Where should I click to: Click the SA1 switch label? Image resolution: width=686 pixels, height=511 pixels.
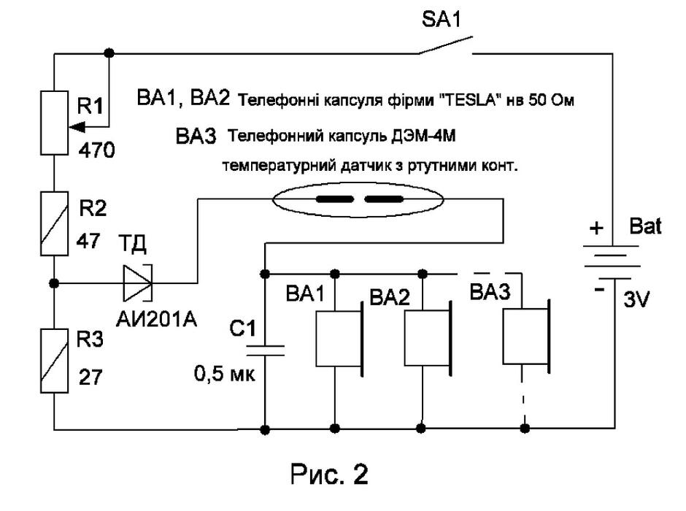441,20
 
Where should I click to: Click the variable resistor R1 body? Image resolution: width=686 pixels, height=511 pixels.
54,123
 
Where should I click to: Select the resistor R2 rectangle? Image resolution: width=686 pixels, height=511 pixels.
54,223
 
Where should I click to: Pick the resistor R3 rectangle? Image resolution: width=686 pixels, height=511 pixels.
54,361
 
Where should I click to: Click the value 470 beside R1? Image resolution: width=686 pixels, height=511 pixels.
96,150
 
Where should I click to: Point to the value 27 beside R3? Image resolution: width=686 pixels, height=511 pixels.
90,377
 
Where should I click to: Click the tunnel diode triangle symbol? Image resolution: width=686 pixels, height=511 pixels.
137,283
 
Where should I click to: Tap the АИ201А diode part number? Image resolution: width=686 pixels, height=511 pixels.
157,320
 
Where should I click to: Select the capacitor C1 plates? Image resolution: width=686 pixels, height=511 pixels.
265,350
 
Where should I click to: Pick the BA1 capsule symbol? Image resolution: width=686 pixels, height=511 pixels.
340,339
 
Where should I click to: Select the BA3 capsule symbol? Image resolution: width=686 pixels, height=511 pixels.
526,336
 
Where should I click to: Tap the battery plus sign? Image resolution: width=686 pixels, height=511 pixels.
596,228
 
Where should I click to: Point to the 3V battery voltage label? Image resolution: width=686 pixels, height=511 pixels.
636,300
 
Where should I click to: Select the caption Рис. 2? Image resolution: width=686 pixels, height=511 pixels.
329,474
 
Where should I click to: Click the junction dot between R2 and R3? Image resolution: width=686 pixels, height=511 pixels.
54,283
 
